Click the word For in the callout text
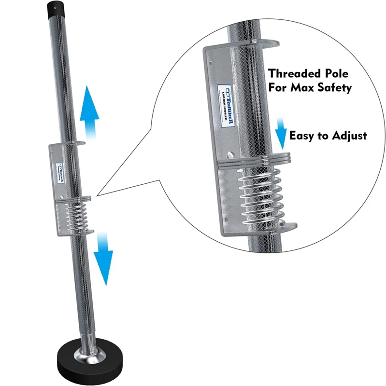point(279,88)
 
